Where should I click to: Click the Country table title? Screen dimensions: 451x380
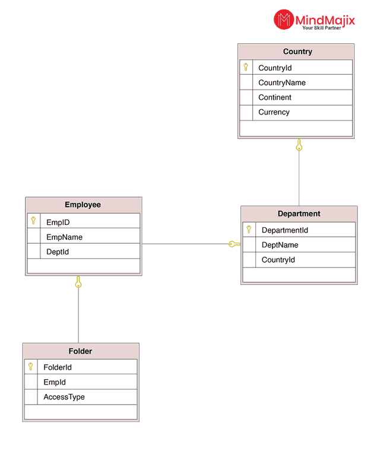[297, 52]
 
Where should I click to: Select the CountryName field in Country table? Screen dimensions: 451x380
[282, 82]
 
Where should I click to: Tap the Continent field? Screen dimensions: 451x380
[275, 97]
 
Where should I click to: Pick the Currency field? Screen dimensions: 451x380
[274, 112]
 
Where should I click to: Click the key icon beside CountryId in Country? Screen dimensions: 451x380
[246, 67]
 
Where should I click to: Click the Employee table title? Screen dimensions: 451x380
[83, 205]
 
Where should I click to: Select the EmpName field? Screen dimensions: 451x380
[64, 237]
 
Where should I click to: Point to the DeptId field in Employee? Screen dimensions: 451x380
[58, 252]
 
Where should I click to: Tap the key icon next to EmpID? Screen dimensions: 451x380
[33, 221]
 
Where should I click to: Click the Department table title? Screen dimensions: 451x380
[299, 214]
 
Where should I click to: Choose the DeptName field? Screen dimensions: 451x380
[280, 245]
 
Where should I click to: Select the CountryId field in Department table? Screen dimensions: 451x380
[278, 260]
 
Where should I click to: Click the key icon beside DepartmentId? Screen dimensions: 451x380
[249, 230]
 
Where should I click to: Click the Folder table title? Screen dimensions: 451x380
[80, 351]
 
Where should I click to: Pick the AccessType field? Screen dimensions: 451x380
[64, 397]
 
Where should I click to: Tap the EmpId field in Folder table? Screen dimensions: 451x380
[55, 382]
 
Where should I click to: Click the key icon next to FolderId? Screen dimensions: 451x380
[30, 367]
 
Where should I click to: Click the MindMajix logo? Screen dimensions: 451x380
[314, 20]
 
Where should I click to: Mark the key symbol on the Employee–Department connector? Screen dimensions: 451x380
[234, 244]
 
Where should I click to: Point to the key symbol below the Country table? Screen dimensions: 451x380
[299, 145]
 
